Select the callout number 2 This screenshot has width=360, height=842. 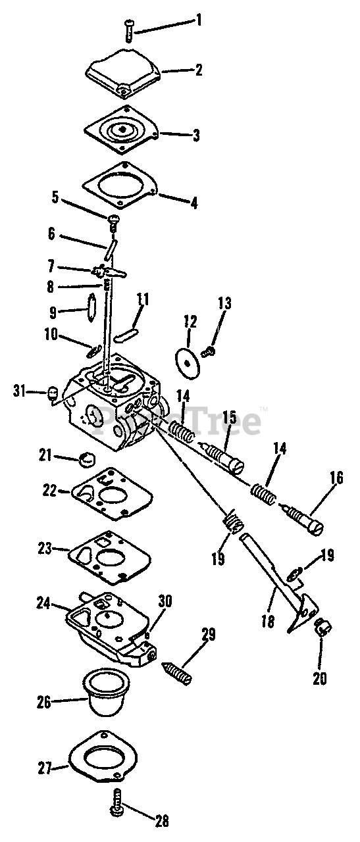(x=198, y=70)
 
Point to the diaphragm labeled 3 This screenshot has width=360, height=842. (x=121, y=130)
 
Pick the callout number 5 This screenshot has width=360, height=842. (x=56, y=197)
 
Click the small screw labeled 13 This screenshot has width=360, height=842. (x=208, y=352)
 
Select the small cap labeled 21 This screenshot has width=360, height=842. (x=88, y=458)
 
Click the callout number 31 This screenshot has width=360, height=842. (x=20, y=391)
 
